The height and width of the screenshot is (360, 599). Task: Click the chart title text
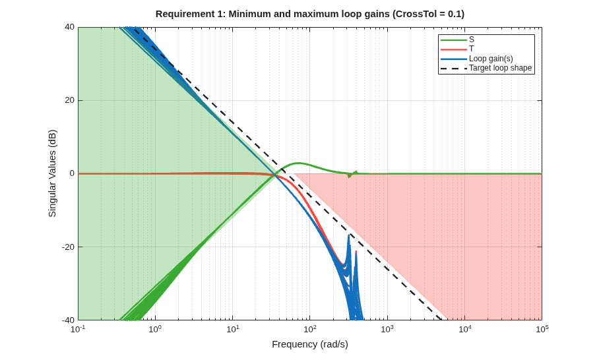310,14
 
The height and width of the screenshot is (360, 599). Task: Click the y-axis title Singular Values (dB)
52,173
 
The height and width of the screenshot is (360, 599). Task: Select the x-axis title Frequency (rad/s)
310,344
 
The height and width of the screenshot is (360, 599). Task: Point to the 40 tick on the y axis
69,27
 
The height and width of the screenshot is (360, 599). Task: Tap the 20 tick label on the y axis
69,100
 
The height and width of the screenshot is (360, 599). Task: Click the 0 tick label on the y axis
72,173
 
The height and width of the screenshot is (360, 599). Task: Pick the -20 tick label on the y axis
69,247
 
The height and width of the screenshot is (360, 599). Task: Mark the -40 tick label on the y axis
69,320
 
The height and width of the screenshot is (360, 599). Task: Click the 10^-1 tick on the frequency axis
79,328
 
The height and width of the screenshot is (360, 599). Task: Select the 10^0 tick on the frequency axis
156,328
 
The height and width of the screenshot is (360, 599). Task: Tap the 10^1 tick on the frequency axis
233,328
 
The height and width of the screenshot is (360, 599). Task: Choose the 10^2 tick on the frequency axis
310,328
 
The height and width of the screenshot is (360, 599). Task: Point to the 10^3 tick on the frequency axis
387,328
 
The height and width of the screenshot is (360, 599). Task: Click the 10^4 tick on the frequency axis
464,328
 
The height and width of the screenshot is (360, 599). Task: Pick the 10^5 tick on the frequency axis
542,328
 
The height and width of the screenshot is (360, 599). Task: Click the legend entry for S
457,40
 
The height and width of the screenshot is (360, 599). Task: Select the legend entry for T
457,49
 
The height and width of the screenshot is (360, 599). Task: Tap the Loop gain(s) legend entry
477,59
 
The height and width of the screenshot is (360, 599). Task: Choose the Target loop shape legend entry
486,69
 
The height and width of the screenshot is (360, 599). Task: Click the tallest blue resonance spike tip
349,235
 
